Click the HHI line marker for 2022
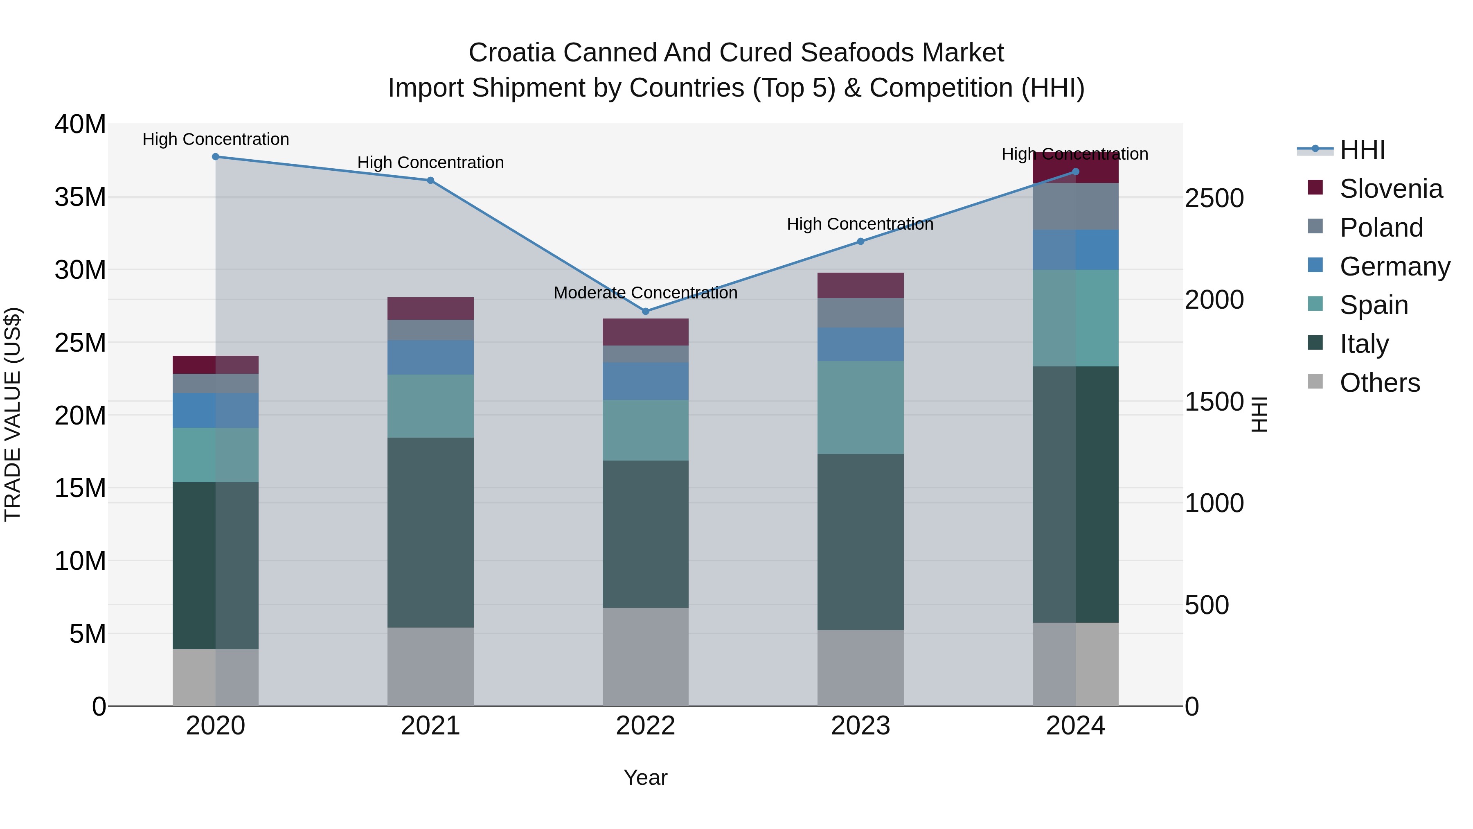point(646,311)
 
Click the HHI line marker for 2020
point(216,157)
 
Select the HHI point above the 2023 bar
point(860,242)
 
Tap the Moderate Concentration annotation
point(646,293)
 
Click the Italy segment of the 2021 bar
point(430,532)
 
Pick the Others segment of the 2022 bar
point(646,657)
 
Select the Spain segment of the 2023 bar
point(860,407)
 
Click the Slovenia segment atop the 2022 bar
point(646,332)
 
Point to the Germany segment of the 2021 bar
point(430,357)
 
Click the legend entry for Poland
point(1381,228)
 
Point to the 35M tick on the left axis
point(80,197)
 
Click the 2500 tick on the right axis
point(1214,199)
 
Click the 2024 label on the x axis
point(1076,726)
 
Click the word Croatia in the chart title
point(512,53)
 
